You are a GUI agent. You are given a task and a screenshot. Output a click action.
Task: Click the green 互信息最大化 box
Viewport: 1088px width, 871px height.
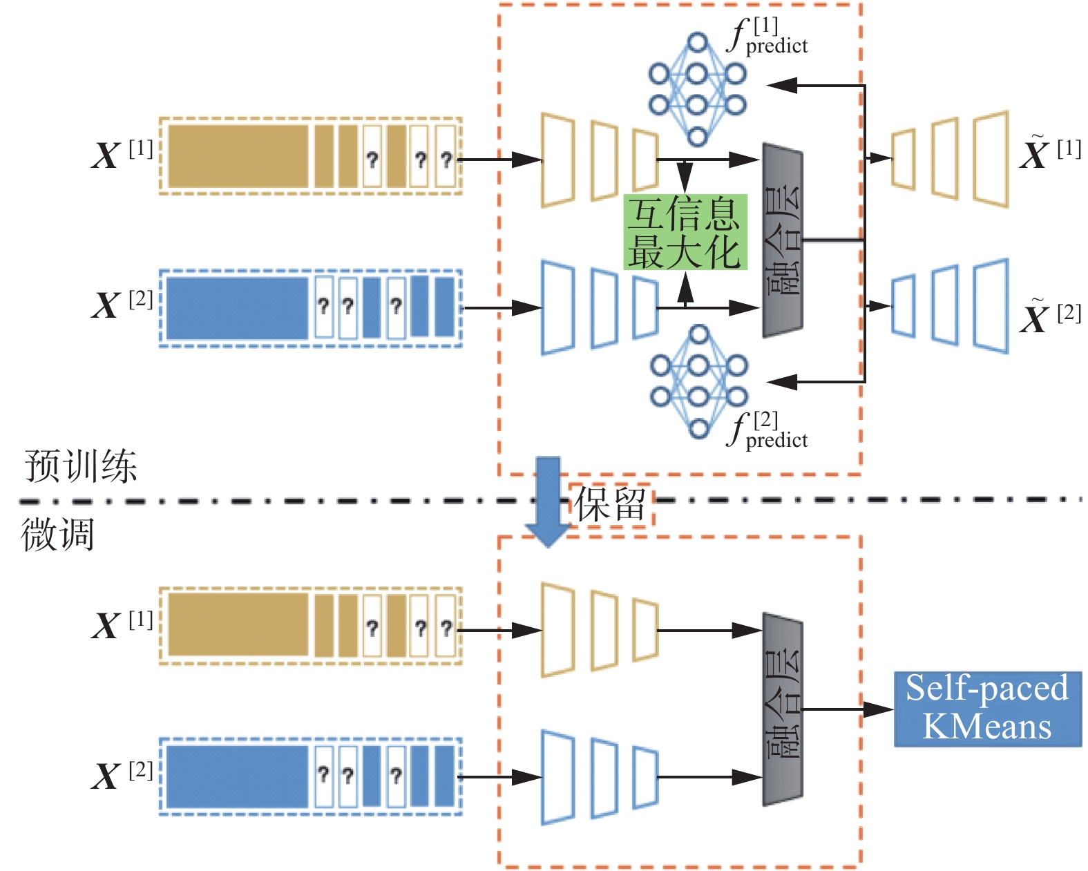(x=685, y=231)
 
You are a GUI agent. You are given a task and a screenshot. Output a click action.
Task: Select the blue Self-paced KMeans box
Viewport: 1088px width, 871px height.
(x=988, y=709)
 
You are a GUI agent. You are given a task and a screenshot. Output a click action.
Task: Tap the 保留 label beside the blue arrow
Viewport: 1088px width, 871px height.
(x=610, y=504)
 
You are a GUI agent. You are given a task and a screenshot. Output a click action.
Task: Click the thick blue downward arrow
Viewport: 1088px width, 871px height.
(x=548, y=501)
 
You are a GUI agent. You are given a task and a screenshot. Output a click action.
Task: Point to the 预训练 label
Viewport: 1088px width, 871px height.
(x=81, y=466)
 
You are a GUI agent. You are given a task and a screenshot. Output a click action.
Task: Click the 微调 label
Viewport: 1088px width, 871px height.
(x=57, y=535)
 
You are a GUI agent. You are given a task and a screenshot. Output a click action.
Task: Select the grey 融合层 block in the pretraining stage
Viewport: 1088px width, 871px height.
(x=783, y=240)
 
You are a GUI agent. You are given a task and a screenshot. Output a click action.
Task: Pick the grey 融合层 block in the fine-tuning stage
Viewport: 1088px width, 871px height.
(x=783, y=709)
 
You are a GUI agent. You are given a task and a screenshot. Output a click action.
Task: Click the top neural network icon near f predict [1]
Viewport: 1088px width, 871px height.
(x=697, y=90)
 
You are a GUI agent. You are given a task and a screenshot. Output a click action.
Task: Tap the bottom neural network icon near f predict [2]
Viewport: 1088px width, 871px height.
(x=699, y=382)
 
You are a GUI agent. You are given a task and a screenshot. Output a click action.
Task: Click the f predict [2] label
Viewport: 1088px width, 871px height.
(x=767, y=430)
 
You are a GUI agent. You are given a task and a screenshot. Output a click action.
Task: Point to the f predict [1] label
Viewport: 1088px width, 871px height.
(x=767, y=36)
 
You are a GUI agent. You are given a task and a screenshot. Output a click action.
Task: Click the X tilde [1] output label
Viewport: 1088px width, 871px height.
(x=1050, y=151)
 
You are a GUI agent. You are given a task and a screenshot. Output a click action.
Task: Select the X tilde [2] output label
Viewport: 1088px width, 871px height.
(x=1050, y=314)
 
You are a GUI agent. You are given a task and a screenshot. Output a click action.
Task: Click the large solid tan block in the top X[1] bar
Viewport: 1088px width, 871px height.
(x=238, y=156)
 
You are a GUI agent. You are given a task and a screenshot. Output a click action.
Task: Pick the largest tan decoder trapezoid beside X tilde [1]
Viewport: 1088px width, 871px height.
(x=991, y=160)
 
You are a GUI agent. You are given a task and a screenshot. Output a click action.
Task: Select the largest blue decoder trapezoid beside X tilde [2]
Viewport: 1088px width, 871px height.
(x=991, y=306)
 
